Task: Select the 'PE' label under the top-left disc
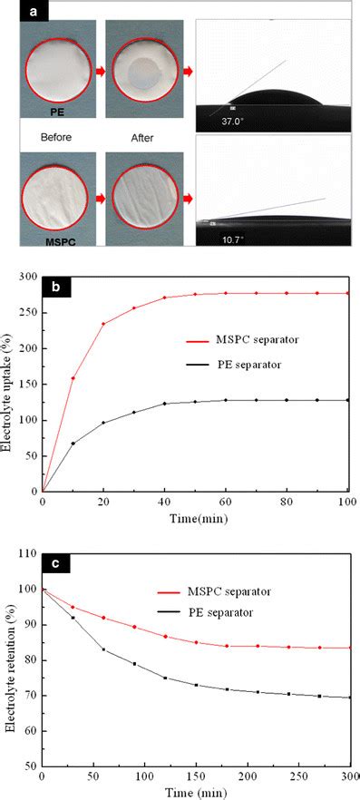coord(56,112)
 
